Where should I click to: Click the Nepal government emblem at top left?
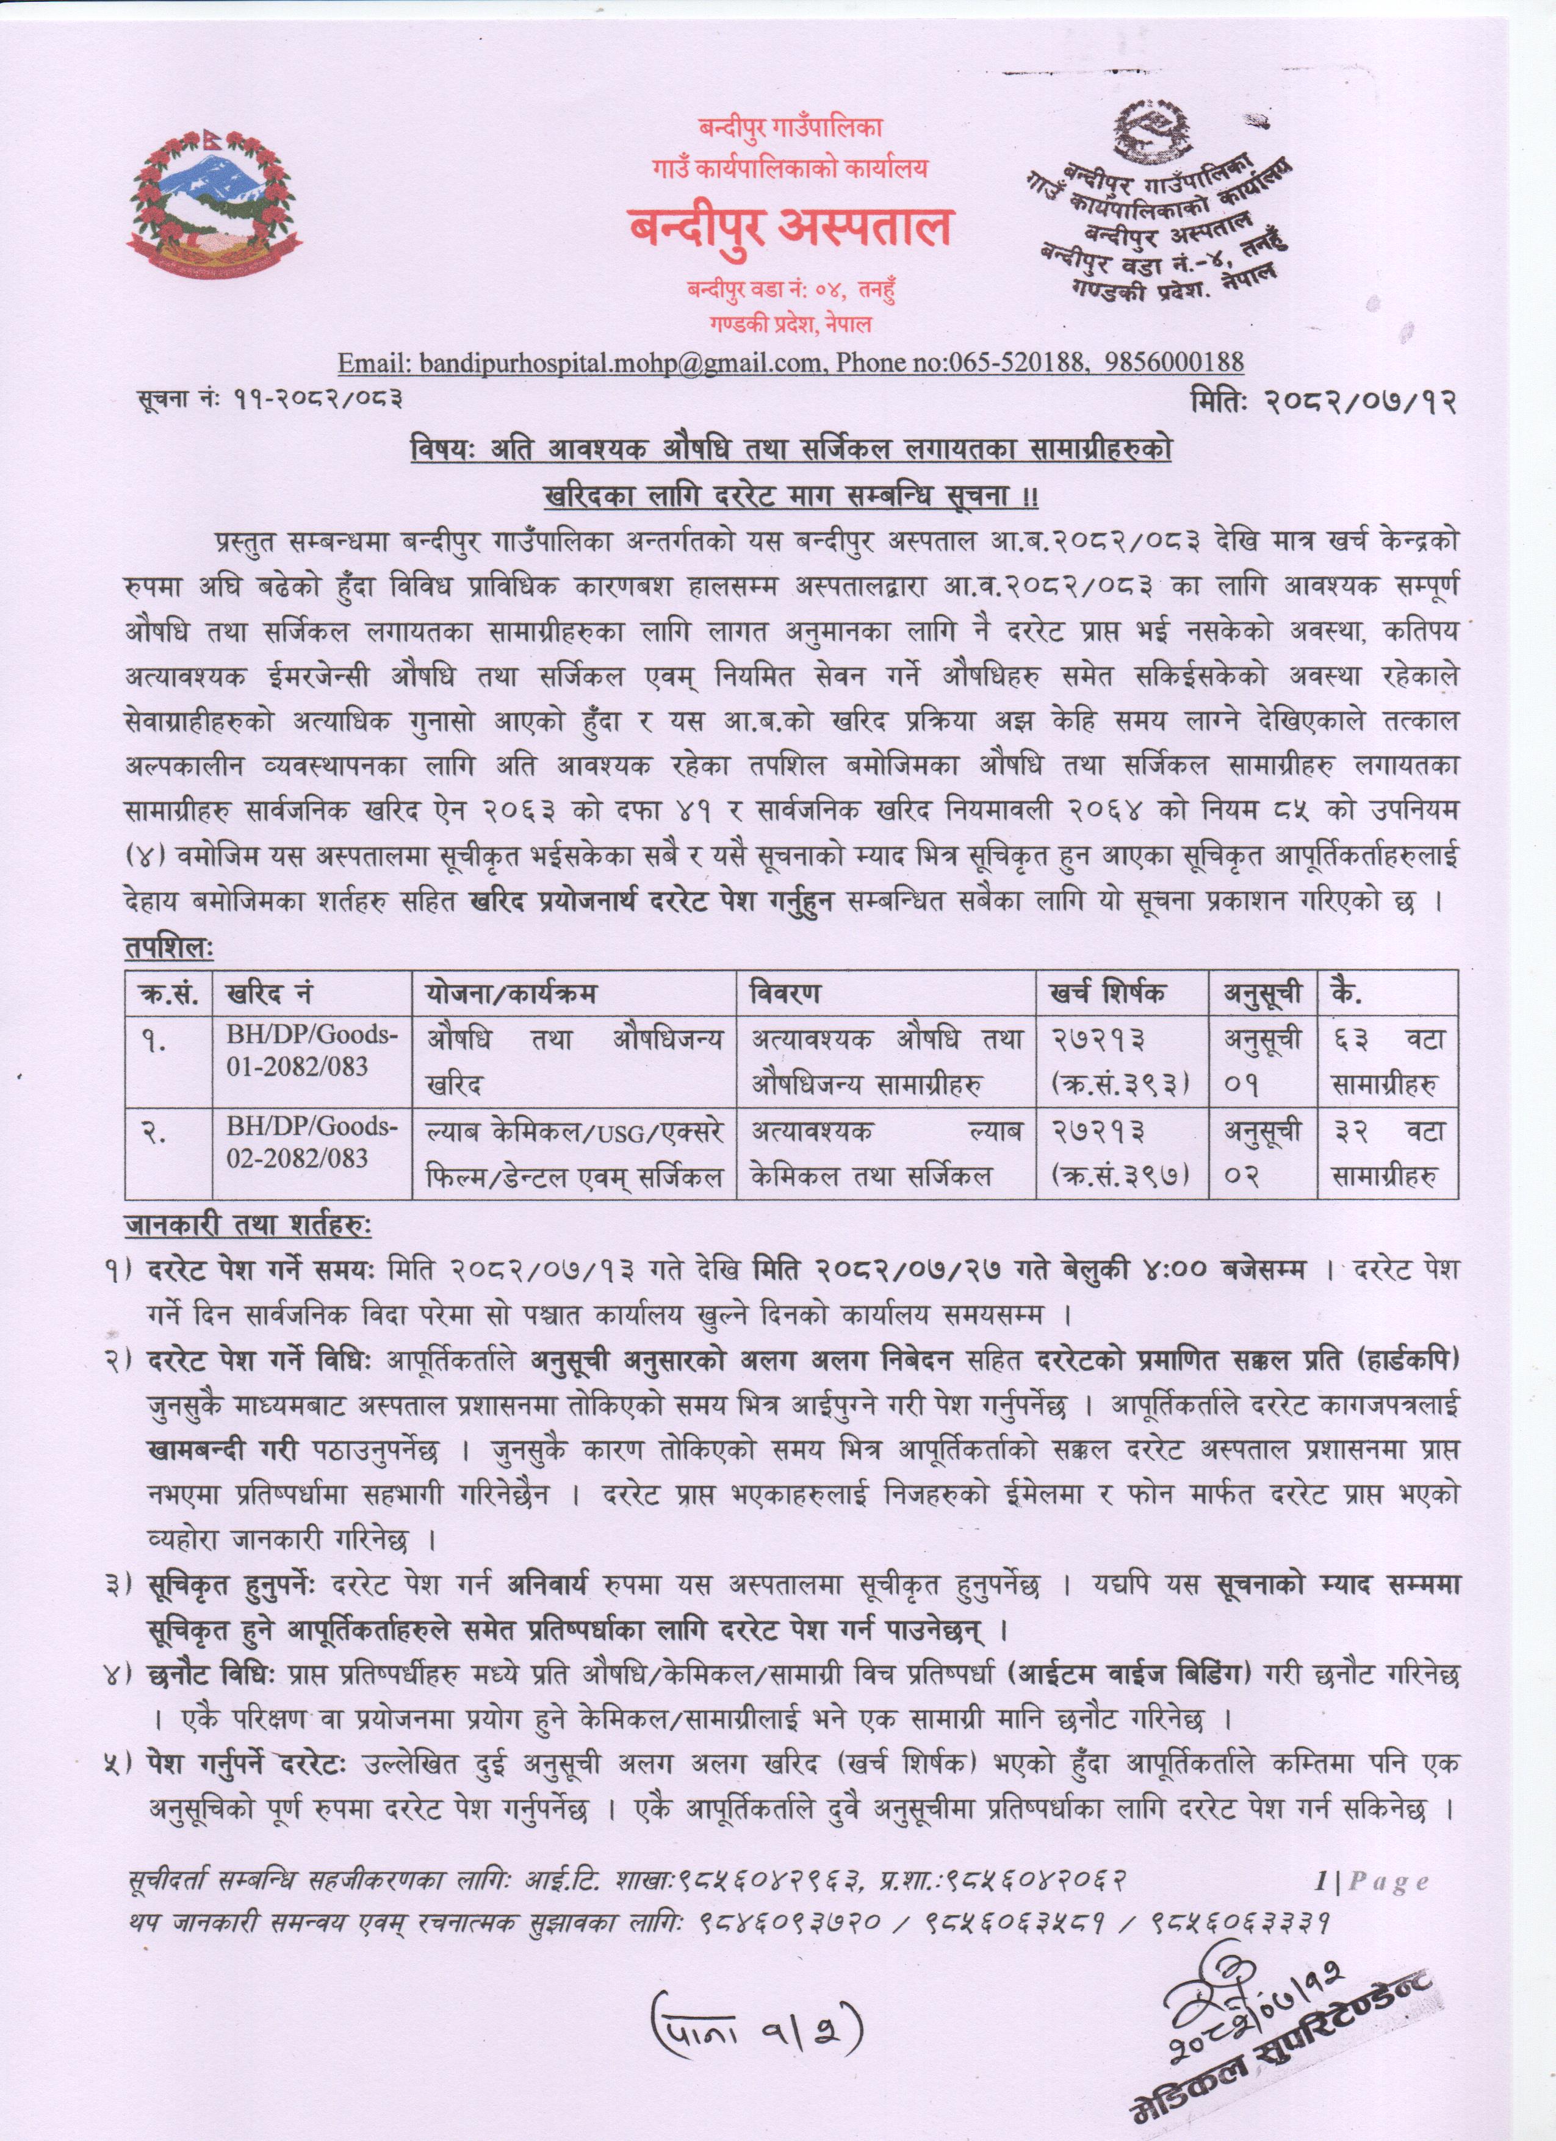pyautogui.click(x=215, y=207)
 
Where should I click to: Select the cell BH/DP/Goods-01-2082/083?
pyautogui.click(x=312, y=1052)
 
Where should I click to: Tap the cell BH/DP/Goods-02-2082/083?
pyautogui.click(x=312, y=1143)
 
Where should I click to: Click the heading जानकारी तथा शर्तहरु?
pyautogui.click(x=248, y=1226)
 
